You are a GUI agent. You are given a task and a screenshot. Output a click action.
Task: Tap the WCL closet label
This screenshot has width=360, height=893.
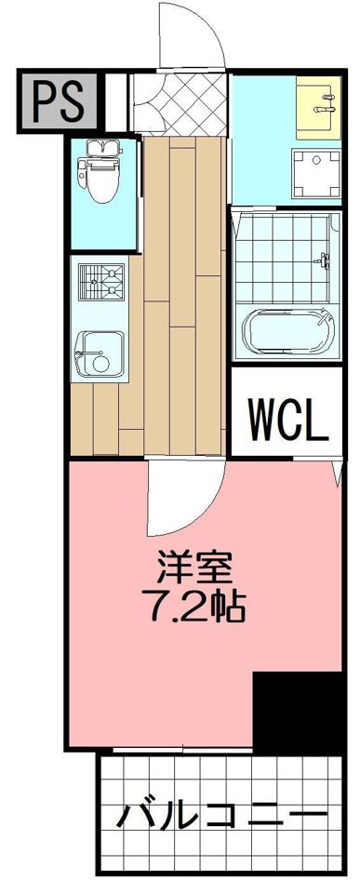point(287,421)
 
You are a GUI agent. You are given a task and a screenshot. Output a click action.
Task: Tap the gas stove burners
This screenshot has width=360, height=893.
point(101,283)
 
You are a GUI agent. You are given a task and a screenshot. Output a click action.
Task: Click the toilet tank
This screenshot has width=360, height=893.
point(97,148)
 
